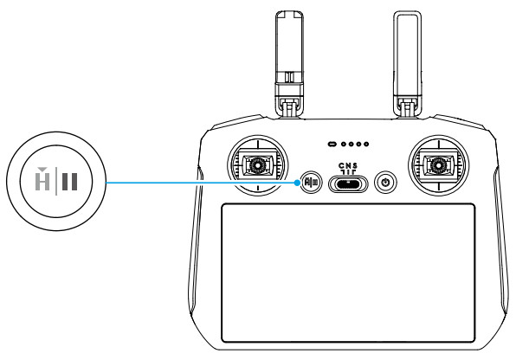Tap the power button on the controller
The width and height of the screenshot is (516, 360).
(x=387, y=183)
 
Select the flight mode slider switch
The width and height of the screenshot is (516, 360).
(x=347, y=184)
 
